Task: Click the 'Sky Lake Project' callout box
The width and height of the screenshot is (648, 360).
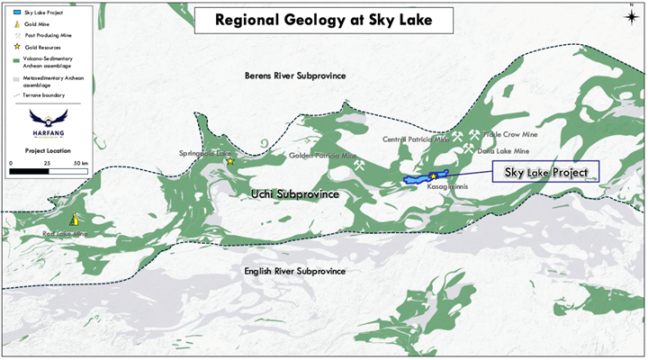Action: tap(545, 172)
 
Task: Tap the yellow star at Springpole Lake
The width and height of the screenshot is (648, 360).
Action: tap(230, 161)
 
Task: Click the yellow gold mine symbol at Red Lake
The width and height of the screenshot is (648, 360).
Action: tap(75, 219)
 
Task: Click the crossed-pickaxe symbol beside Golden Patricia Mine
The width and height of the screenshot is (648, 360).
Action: tap(359, 166)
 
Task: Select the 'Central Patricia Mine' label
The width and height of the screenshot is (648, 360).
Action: tap(417, 139)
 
